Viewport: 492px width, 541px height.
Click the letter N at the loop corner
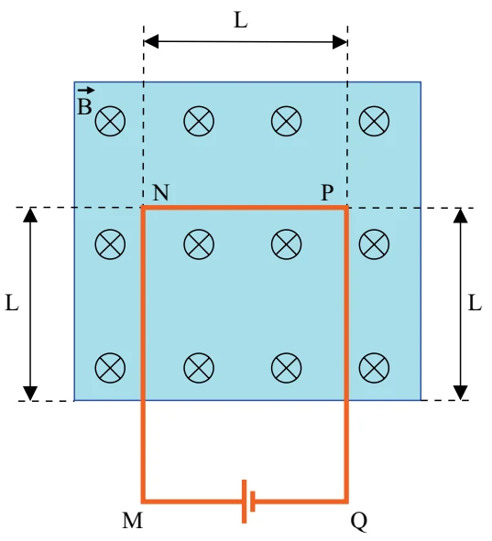pos(161,192)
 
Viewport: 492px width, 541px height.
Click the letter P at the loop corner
pos(327,192)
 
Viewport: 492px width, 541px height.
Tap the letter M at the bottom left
pos(132,521)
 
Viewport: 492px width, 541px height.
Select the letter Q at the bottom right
pos(359,522)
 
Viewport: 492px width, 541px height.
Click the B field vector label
pos(85,103)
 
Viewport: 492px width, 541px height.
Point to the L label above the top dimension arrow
pos(241,20)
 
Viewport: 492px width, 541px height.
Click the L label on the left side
pos(12,304)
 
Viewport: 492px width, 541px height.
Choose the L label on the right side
pos(475,304)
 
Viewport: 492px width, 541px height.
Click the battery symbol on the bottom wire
pos(248,502)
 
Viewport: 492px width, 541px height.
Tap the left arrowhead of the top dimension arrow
pos(151,42)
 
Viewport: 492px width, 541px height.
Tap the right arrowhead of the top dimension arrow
pos(340,42)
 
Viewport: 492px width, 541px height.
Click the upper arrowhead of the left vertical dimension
pos(30,214)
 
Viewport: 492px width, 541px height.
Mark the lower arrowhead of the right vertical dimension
pos(460,393)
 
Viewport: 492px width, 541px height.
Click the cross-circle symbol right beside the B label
pos(110,121)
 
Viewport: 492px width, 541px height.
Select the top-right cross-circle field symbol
pos(374,121)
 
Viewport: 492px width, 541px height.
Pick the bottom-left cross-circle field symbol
pos(110,368)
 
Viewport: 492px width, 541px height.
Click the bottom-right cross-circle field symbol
pos(374,368)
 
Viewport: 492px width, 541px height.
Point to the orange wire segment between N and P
pos(245,208)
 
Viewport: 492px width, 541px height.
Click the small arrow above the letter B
pos(85,91)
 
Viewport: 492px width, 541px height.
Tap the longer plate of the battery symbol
pos(244,502)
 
